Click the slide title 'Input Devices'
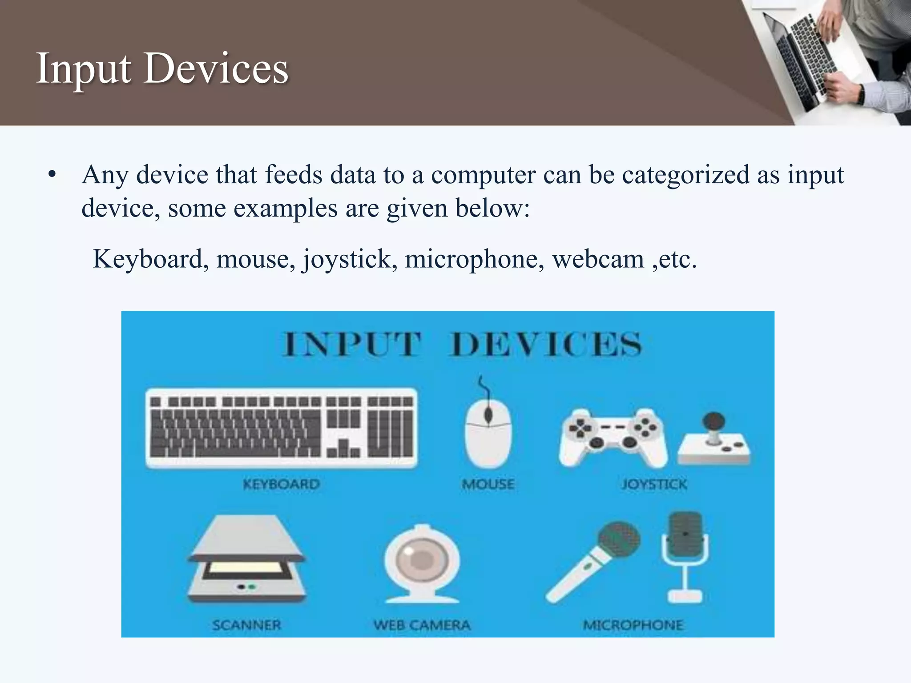coord(162,69)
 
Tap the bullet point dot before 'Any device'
coord(52,175)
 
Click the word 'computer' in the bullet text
coord(483,175)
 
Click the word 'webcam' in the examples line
coord(598,259)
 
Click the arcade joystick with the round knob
coord(714,440)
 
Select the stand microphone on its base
coord(685,556)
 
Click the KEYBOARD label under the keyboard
coord(281,484)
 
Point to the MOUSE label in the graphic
coord(488,484)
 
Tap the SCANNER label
coord(247,625)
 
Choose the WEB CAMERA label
coord(422,625)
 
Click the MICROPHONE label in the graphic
coord(633,625)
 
